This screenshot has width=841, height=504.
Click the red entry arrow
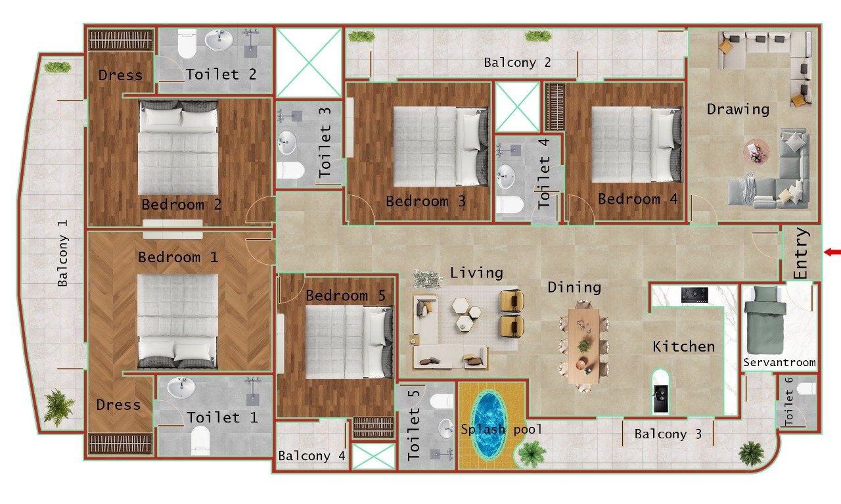click(833, 252)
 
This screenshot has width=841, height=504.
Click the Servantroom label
click(779, 362)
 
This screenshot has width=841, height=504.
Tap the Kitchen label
click(683, 346)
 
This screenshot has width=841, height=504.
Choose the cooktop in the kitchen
click(694, 294)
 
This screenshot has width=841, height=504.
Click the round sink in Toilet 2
click(218, 41)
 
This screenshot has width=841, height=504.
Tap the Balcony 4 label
click(311, 456)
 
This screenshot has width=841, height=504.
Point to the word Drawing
click(738, 109)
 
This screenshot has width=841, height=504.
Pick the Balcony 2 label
click(517, 63)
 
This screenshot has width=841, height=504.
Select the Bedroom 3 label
click(425, 201)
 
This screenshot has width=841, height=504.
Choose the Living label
click(476, 272)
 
